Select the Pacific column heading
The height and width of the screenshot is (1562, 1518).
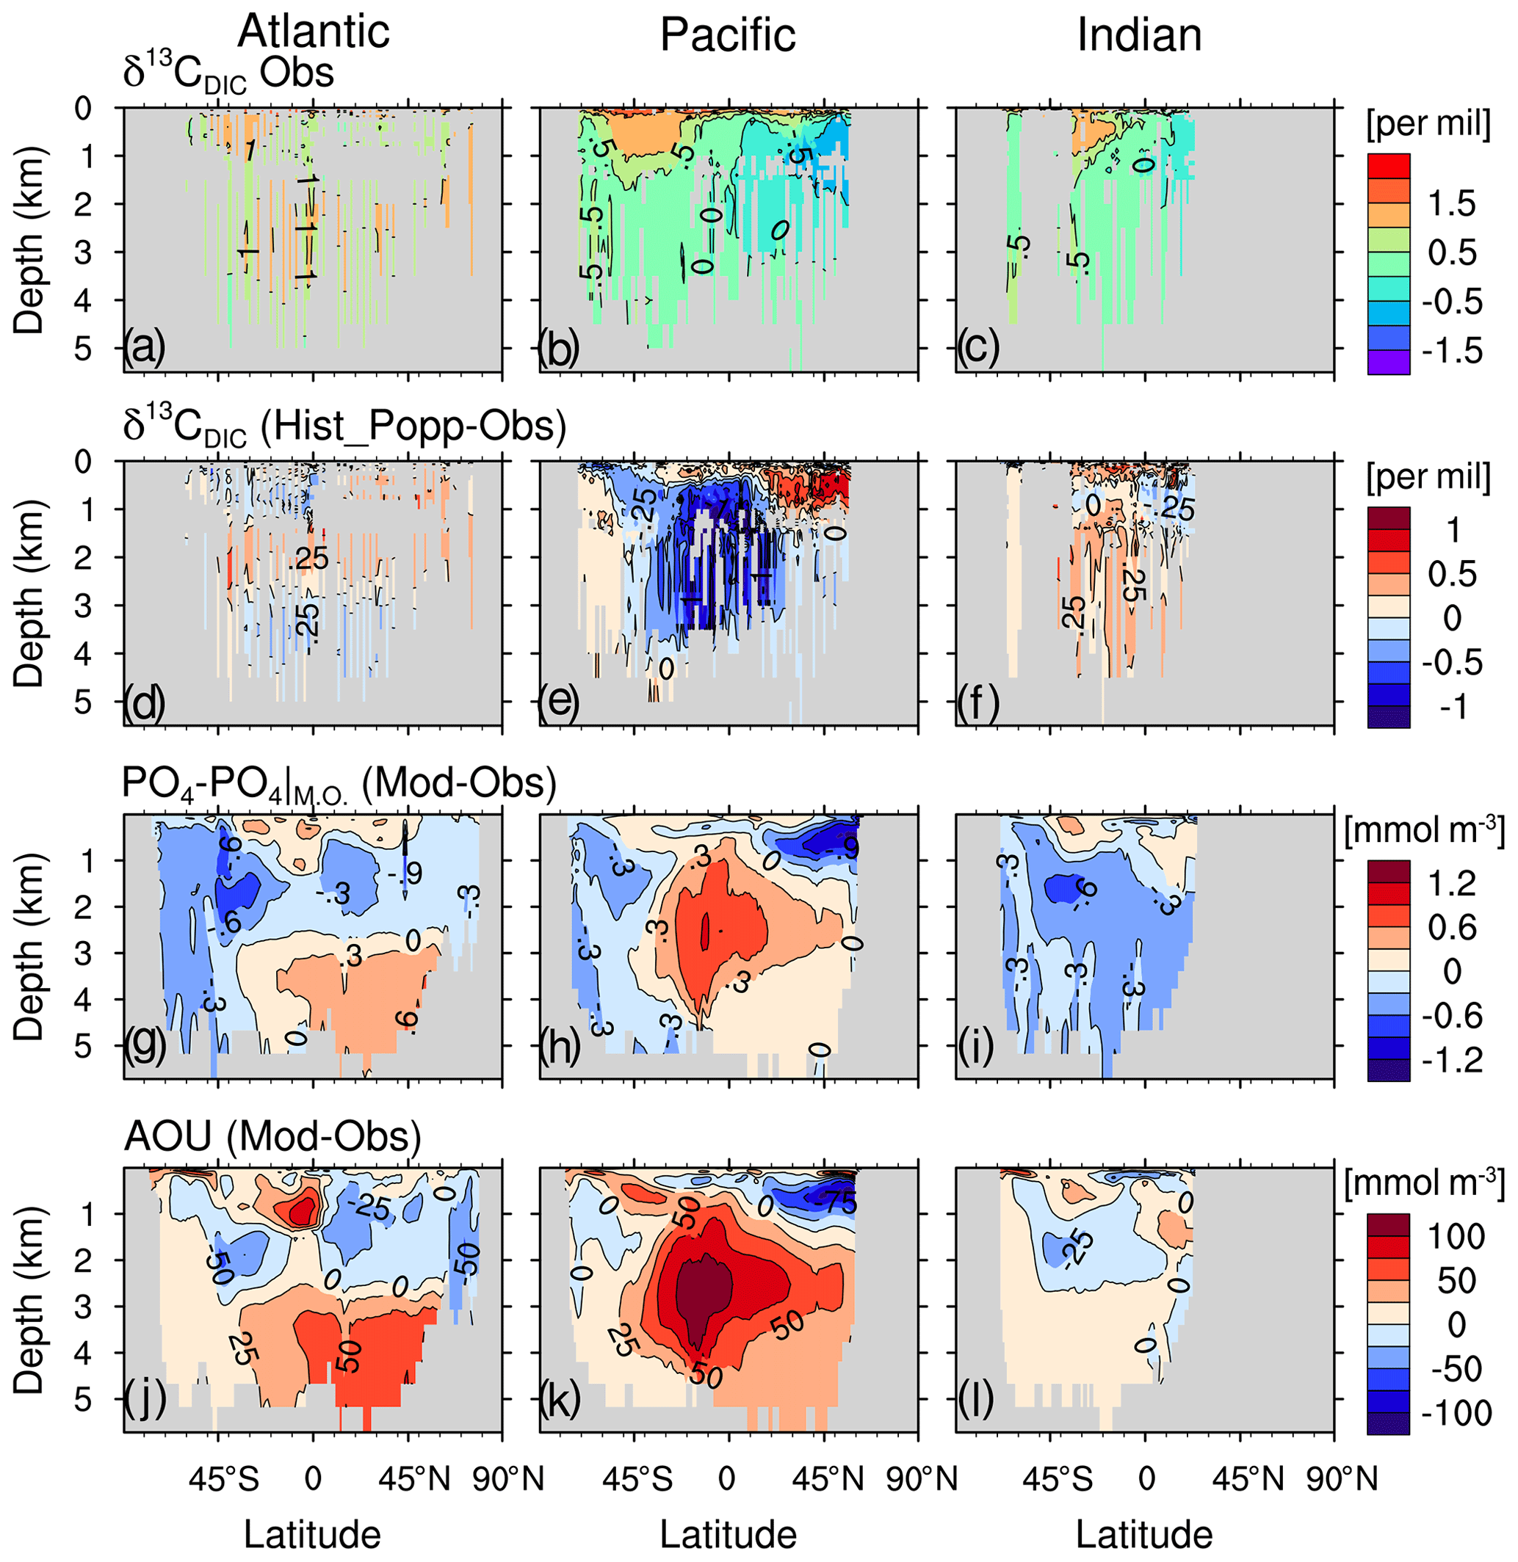(728, 35)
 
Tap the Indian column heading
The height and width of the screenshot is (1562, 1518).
(1139, 35)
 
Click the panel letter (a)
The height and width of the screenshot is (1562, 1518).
(144, 348)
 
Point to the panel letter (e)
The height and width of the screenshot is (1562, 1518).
(559, 701)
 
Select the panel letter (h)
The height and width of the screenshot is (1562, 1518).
(559, 1049)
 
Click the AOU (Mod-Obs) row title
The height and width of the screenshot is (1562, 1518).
(272, 1136)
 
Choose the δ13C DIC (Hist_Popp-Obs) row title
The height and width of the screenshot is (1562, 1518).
(344, 428)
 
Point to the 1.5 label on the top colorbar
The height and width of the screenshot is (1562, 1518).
(1453, 204)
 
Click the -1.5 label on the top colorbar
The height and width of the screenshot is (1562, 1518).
(1453, 351)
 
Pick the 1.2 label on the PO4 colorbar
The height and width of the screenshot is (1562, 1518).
(1453, 883)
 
